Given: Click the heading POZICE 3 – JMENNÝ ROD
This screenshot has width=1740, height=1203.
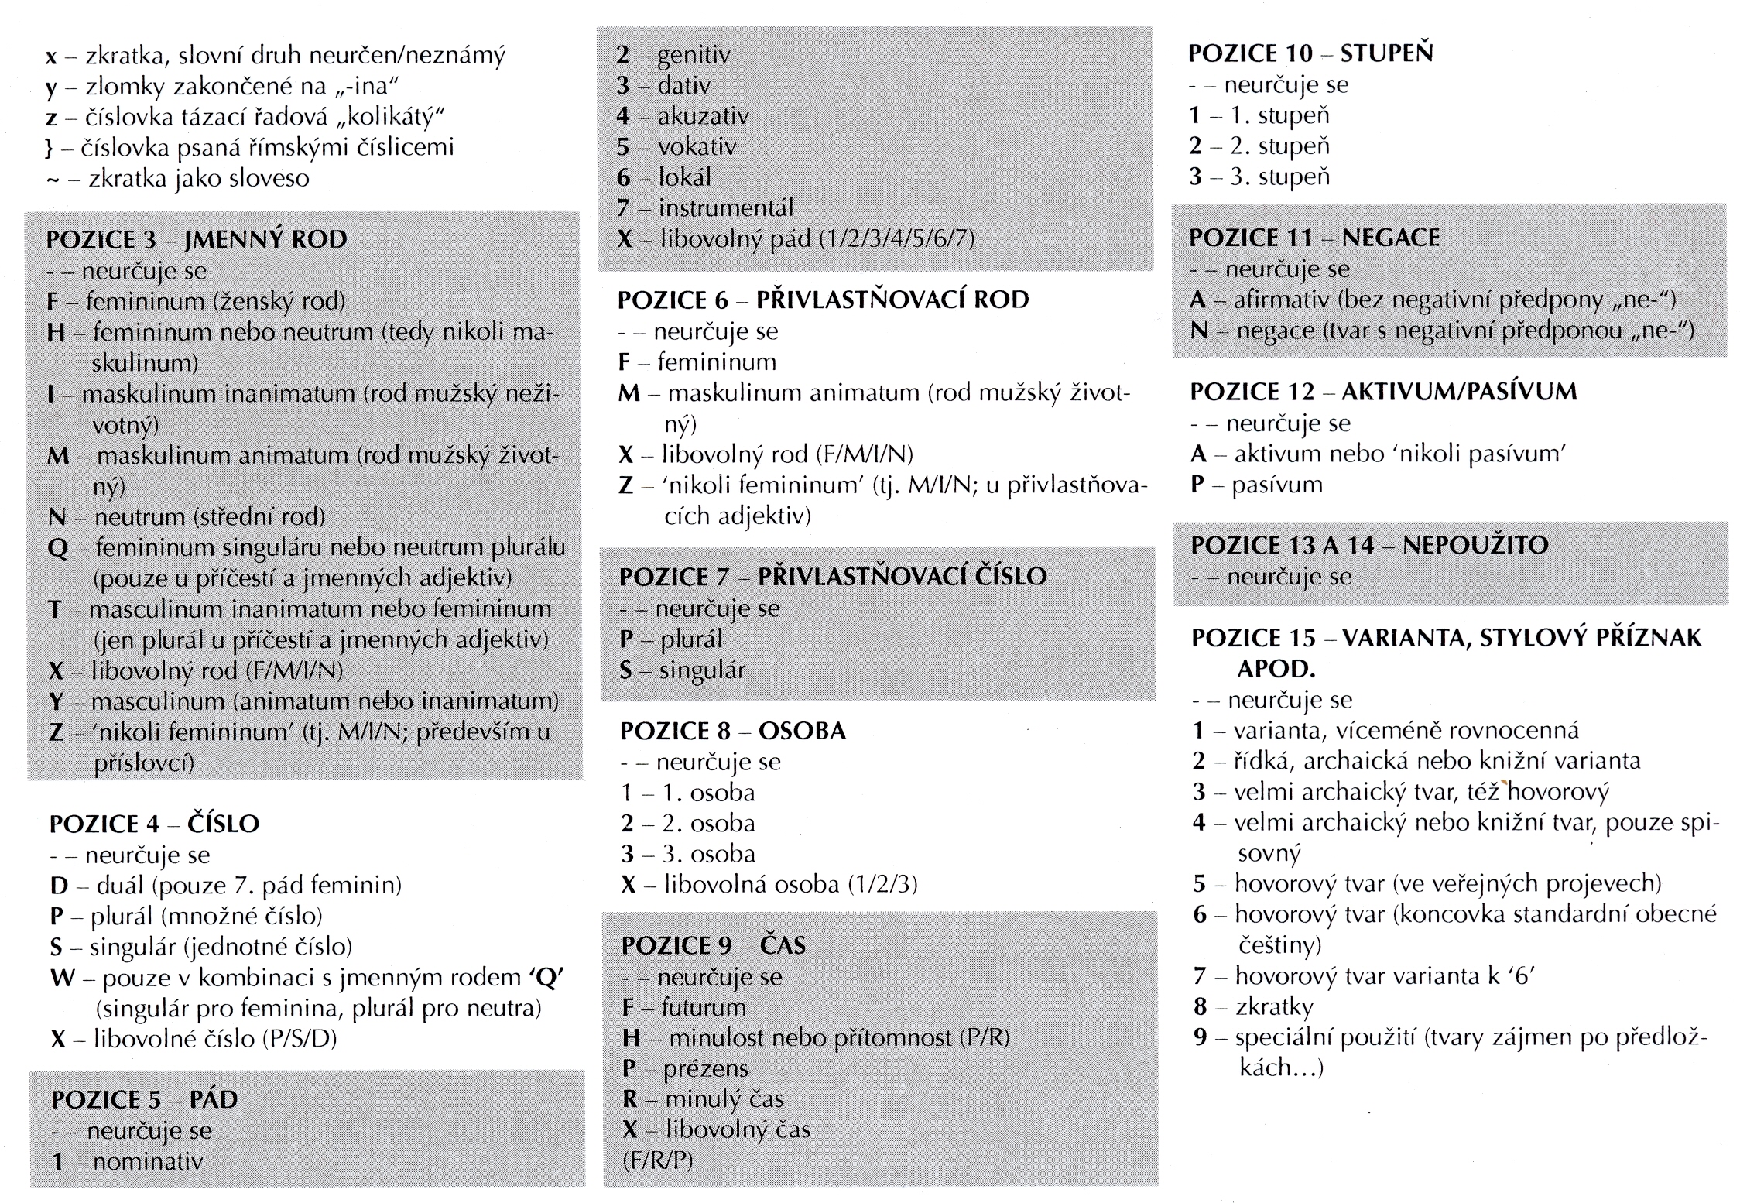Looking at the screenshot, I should click(197, 239).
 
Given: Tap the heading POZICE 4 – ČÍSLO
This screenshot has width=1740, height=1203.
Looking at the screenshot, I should click(154, 824).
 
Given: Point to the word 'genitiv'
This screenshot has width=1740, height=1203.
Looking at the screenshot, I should click(694, 55).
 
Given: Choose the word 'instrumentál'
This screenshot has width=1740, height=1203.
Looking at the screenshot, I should click(726, 207).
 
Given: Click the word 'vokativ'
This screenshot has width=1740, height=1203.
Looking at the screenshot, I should click(697, 146).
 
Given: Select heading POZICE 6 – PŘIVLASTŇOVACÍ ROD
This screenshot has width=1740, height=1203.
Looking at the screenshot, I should click(824, 300).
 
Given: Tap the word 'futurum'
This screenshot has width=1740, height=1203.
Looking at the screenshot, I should click(704, 1007).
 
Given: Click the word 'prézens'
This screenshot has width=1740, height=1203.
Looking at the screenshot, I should click(706, 1068).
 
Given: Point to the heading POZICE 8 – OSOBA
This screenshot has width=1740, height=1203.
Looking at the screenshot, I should click(733, 731).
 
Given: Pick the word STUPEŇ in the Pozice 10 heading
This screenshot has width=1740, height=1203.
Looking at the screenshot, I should click(1387, 53).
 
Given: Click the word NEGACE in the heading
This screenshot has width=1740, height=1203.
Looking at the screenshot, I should click(1391, 238).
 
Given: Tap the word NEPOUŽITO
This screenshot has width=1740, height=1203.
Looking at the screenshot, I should click(1475, 545).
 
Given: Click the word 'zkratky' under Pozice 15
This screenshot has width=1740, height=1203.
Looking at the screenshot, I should click(1275, 1006).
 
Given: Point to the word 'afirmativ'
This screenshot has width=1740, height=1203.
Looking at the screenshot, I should click(1283, 300).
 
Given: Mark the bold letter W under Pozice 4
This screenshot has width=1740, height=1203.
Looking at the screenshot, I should click(62, 978).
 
